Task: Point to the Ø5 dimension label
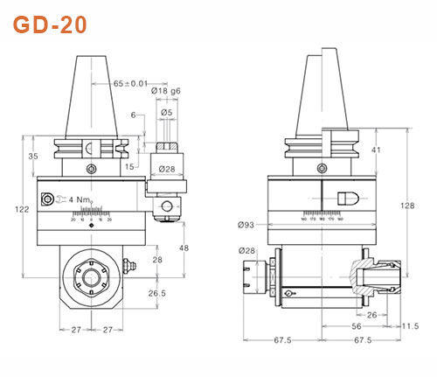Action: tap(167, 112)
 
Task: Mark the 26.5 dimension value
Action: tap(157, 293)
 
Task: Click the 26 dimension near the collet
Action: tap(371, 314)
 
